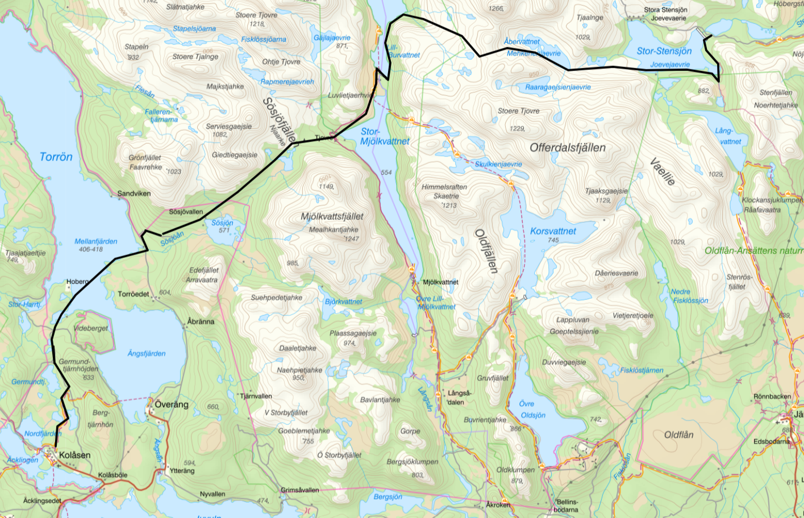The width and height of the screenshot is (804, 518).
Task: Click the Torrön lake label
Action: tap(56, 157)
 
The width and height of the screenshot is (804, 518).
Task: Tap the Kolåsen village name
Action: tap(74, 455)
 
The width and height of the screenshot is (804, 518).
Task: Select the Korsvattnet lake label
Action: tap(553, 231)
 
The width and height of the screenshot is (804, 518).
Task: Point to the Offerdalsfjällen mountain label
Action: tap(567, 148)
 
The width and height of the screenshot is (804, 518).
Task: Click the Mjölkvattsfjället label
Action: tap(332, 216)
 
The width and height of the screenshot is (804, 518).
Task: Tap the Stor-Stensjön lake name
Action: tap(664, 51)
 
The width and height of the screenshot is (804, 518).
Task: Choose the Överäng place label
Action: tap(172, 404)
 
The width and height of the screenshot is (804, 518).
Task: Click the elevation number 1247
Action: tap(352, 239)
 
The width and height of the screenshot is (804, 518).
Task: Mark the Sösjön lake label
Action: tap(222, 223)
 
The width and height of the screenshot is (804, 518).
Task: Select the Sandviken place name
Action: tap(134, 194)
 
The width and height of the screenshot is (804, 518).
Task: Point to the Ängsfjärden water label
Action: tap(147, 353)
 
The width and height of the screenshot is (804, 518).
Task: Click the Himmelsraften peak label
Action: tap(444, 187)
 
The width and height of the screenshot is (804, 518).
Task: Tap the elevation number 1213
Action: tap(449, 205)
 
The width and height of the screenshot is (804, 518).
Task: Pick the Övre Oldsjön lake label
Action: tap(532, 409)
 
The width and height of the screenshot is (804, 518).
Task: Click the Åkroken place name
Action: tap(498, 504)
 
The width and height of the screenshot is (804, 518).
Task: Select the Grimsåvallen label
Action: tap(299, 490)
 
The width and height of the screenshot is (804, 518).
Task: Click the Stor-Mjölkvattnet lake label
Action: tap(384, 136)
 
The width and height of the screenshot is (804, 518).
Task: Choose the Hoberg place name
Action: tap(78, 281)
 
